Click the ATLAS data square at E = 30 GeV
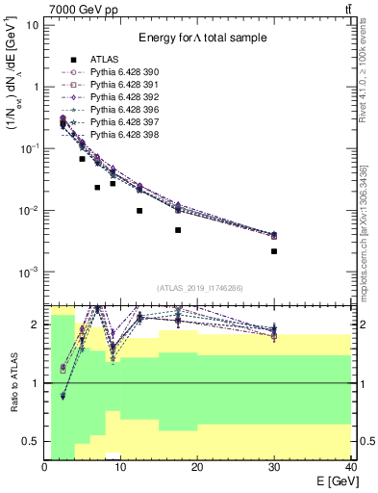coord(274,251)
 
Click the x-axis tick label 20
coord(197,467)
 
